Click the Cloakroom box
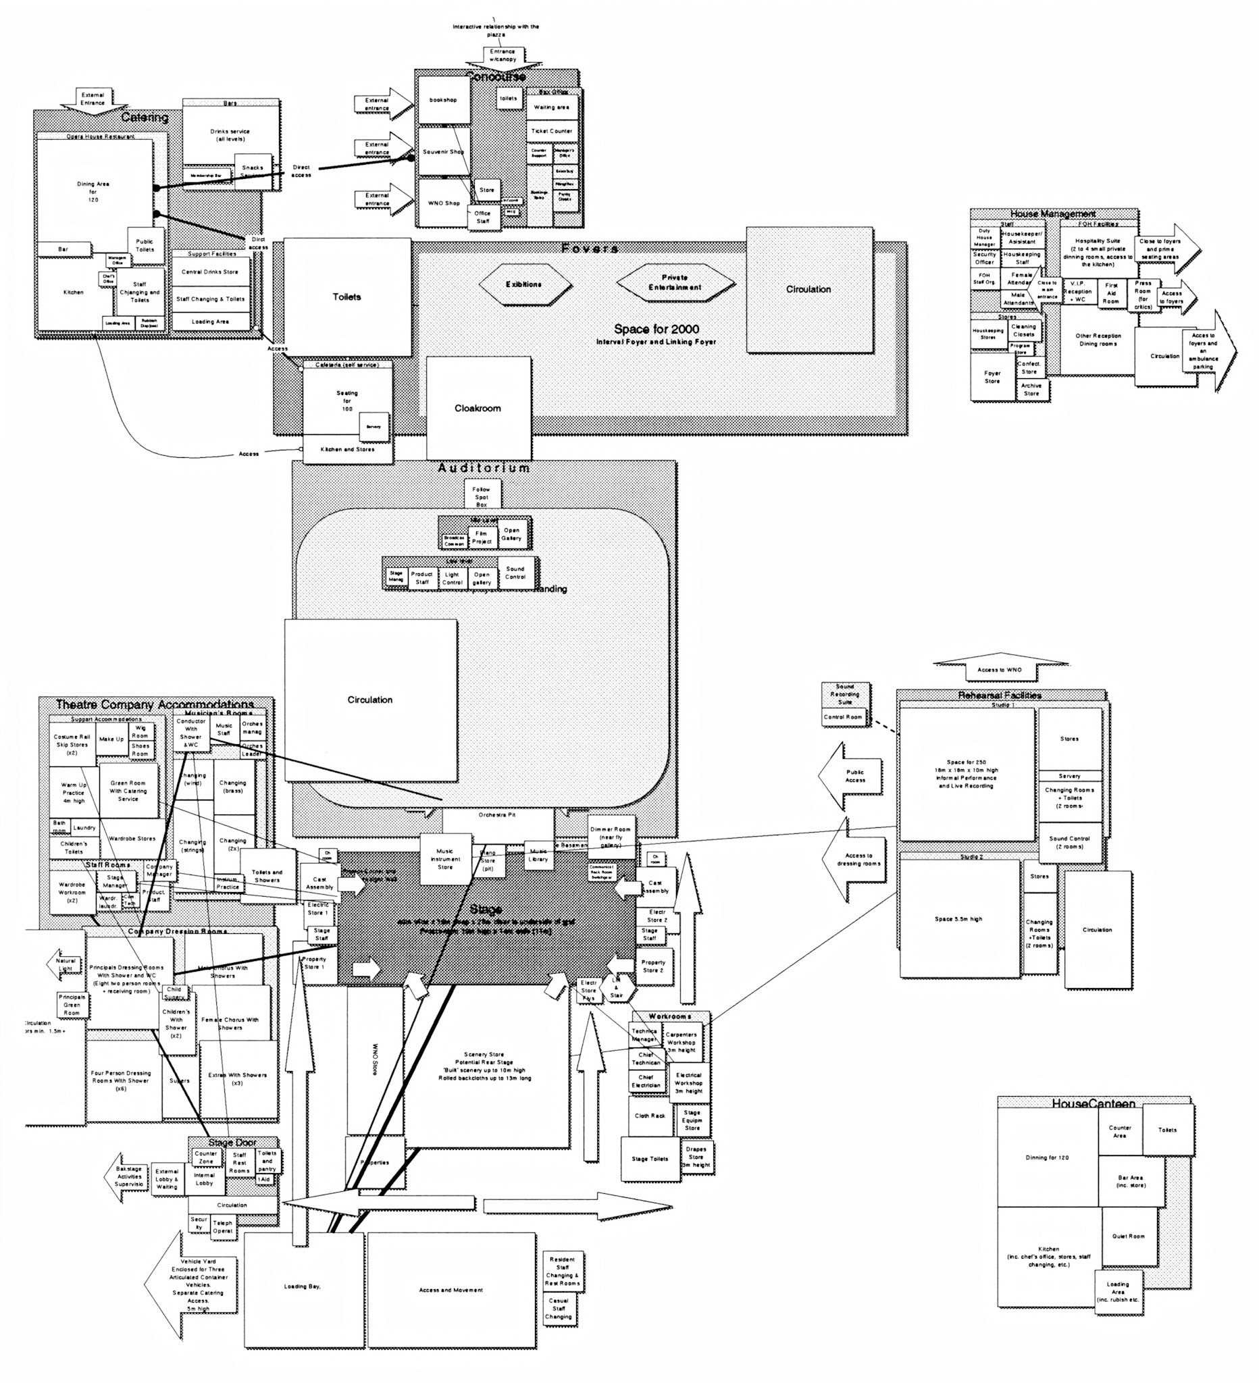[x=478, y=408]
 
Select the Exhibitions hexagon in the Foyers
[x=524, y=284]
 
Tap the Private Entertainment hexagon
[x=675, y=283]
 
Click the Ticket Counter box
[x=552, y=130]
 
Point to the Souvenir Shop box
[x=442, y=152]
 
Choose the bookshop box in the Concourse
[x=442, y=100]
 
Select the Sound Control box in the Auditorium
[x=515, y=573]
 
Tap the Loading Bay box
[x=303, y=1288]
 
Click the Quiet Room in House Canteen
[x=1128, y=1236]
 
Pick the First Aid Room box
[x=1111, y=294]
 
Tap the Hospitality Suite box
[x=1097, y=253]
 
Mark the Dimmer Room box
[x=611, y=837]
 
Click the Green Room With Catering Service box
[x=128, y=791]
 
